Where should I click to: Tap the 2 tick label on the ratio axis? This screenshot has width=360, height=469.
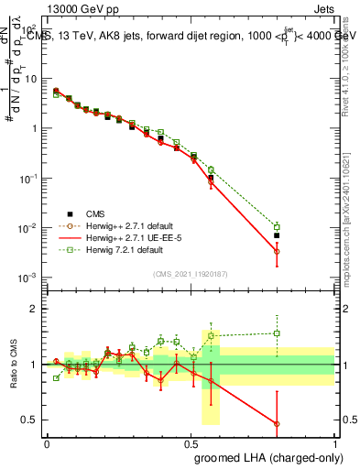coord(32,309)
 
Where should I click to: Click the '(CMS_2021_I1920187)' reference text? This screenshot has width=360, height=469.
coord(190,274)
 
